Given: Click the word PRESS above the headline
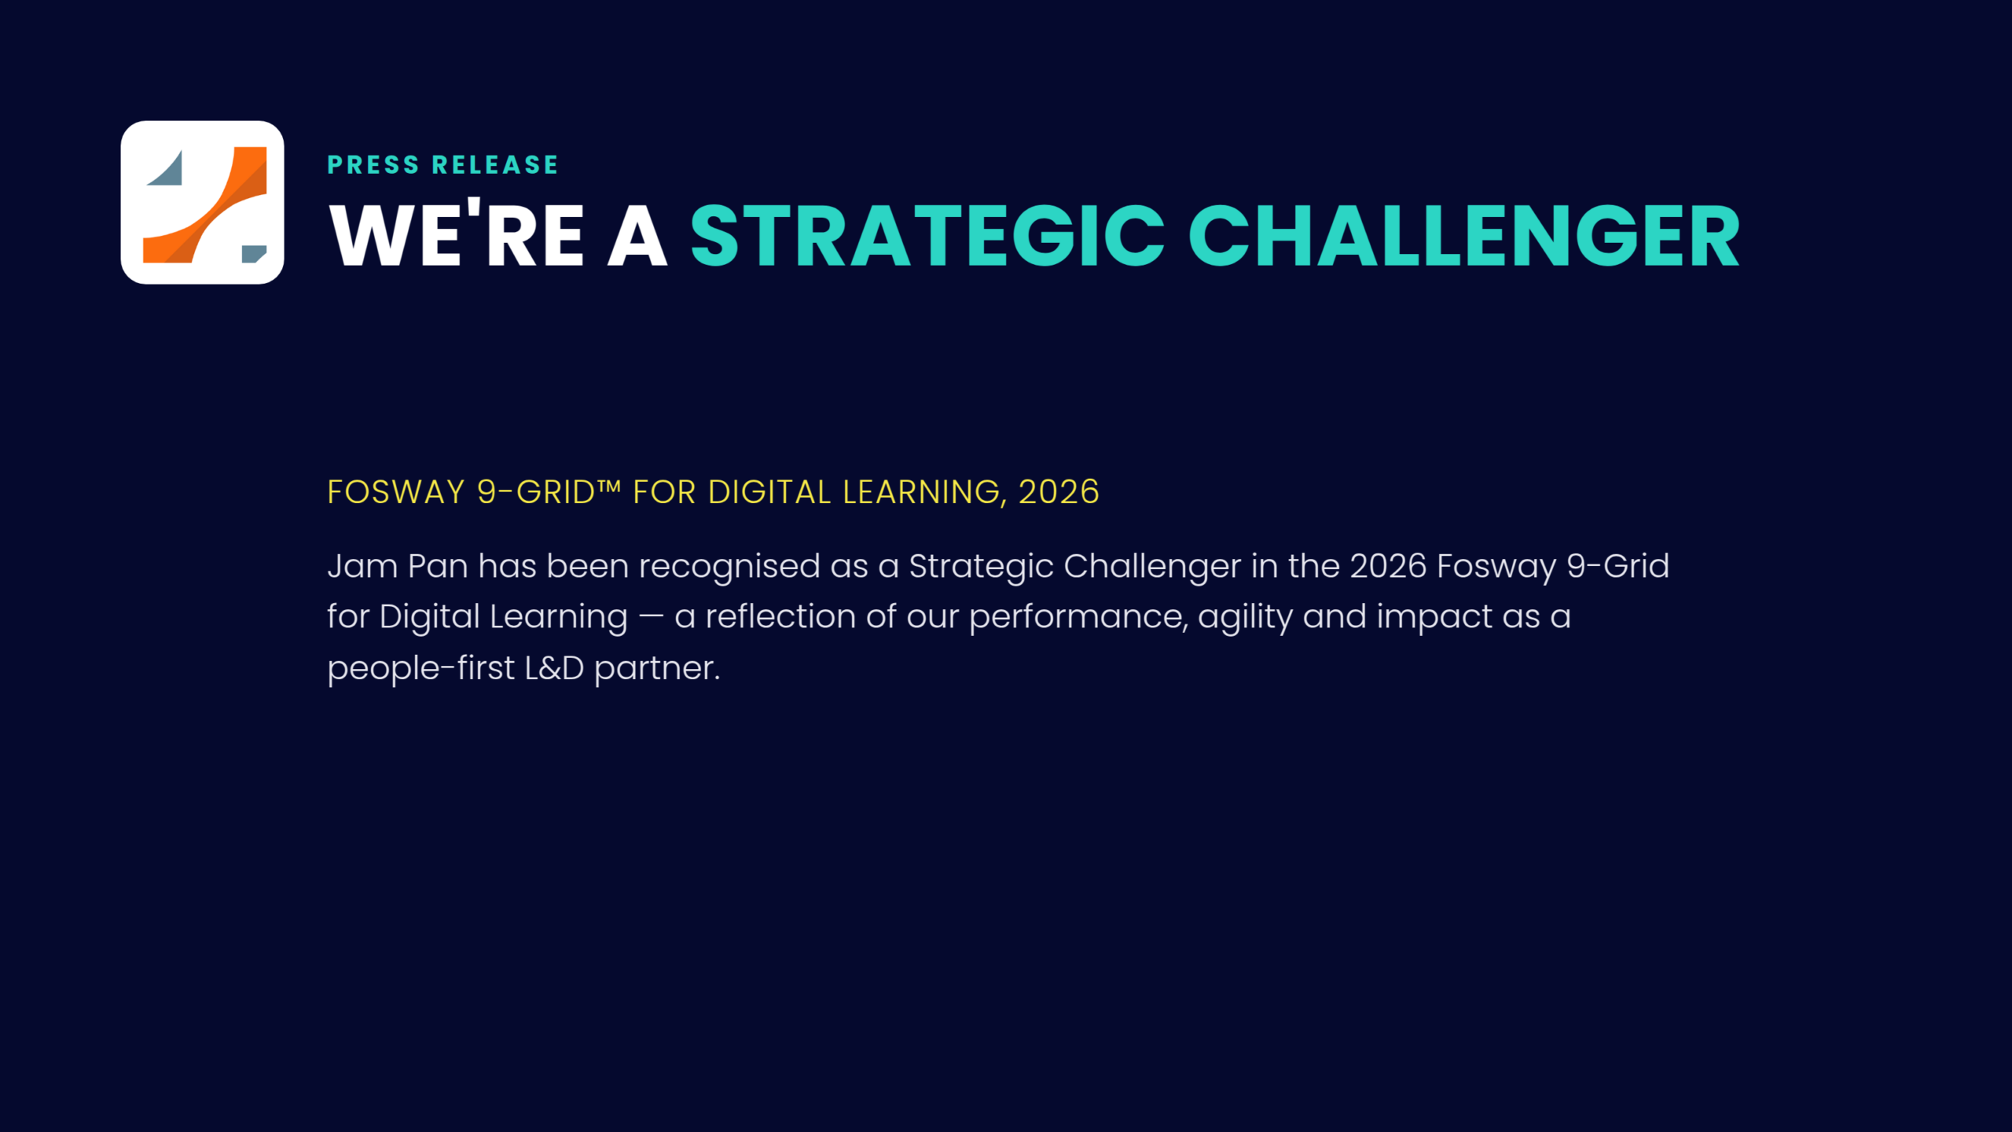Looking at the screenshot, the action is point(373,165).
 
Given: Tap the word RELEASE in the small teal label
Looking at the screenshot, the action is point(495,165).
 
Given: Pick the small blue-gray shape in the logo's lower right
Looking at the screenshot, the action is point(254,253).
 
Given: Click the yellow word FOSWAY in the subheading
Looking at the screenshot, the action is point(396,492).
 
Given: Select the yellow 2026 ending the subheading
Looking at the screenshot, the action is point(1059,492).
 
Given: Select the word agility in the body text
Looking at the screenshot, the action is point(1245,618).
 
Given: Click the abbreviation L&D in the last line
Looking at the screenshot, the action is point(554,668).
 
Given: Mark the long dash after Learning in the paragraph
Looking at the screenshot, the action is point(651,618).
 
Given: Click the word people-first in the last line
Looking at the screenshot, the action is point(420,668).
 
